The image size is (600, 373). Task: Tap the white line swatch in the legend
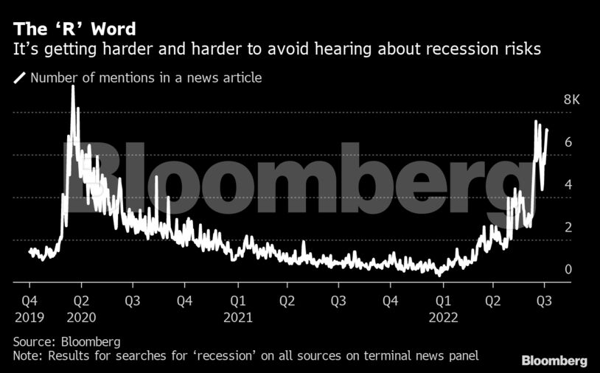(x=19, y=77)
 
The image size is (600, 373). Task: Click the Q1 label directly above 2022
(x=443, y=301)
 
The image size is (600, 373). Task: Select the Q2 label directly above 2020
(x=81, y=301)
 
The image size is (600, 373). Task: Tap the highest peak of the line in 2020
(x=72, y=87)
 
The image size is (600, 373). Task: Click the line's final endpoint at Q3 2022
(x=546, y=130)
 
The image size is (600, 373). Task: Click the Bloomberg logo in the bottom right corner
(x=554, y=360)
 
